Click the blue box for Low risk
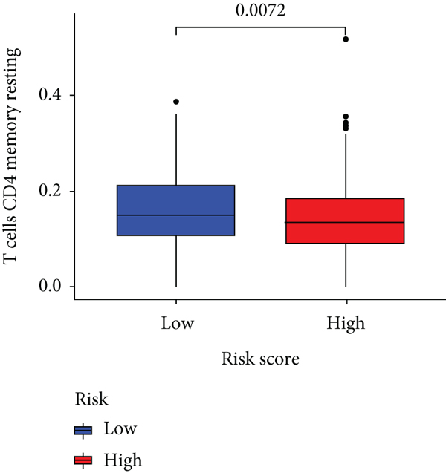pos(176,200)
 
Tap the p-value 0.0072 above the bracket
pos(260,10)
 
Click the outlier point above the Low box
pos(176,102)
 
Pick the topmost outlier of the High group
pos(346,39)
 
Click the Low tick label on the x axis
pos(176,324)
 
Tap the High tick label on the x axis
pos(346,324)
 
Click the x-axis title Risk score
pos(260,361)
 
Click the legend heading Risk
pos(91,399)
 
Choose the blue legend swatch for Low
pos(83,430)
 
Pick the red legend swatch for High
pos(83,460)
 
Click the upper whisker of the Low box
pos(176,149)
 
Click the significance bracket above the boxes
pos(260,27)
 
